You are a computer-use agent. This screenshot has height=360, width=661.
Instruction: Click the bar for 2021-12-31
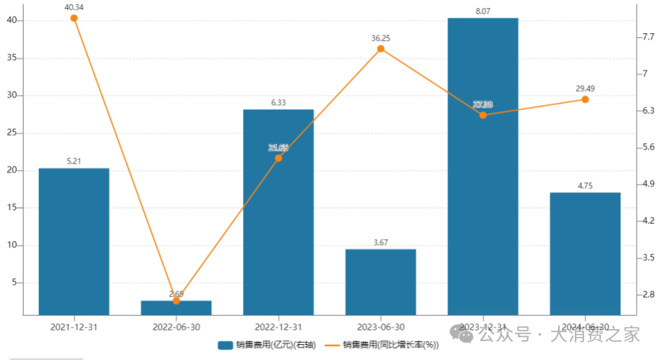pyautogui.click(x=74, y=241)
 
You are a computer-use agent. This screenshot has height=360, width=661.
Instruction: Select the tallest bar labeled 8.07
pyautogui.click(x=483, y=166)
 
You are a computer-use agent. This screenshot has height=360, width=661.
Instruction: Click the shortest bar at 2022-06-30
pyautogui.click(x=176, y=308)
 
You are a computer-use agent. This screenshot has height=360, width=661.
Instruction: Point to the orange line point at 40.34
pyautogui.click(x=74, y=17)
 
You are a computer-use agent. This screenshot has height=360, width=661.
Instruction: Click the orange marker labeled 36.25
pyautogui.click(x=381, y=49)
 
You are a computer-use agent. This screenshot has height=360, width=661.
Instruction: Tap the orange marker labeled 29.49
pyautogui.click(x=585, y=100)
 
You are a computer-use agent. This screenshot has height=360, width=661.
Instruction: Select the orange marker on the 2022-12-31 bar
pyautogui.click(x=278, y=158)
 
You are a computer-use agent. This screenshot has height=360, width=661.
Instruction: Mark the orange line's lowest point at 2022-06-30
pyautogui.click(x=176, y=301)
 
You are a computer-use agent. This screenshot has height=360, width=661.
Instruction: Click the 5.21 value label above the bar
pyautogui.click(x=74, y=161)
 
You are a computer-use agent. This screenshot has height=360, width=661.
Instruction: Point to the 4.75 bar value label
pyautogui.click(x=585, y=186)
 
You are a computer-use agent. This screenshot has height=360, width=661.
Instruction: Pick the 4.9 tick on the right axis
pyautogui.click(x=648, y=184)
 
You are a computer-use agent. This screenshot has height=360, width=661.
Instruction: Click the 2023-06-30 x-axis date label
pyautogui.click(x=380, y=327)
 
